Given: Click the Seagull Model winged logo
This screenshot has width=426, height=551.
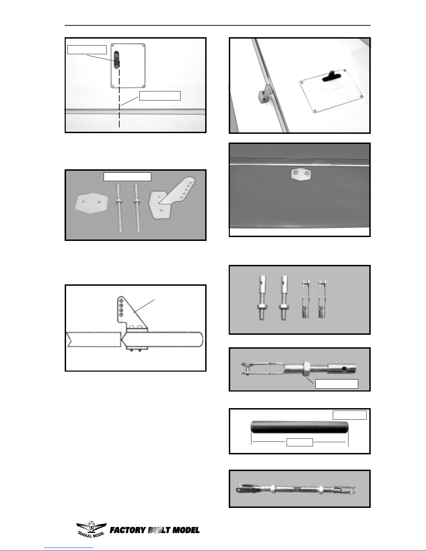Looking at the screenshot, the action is click(91, 529).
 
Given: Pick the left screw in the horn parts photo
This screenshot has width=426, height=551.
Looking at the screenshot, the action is click(119, 208).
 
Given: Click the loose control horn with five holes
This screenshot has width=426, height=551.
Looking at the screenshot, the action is click(171, 198).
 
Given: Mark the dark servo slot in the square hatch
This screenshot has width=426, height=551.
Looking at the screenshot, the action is click(116, 60).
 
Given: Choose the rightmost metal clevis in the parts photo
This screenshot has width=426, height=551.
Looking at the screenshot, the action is click(322, 299).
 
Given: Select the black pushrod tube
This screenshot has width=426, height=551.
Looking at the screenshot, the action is click(300, 427).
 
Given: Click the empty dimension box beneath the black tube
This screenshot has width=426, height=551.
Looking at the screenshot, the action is click(299, 442).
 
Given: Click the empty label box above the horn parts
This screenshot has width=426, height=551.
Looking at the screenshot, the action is click(127, 177).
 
